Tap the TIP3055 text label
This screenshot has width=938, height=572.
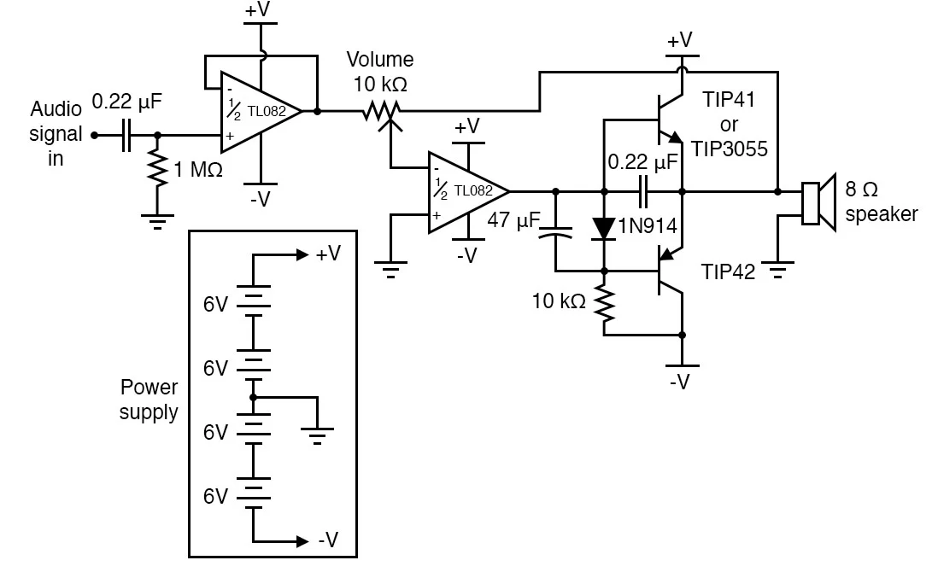[730, 149]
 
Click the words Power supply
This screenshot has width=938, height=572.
[149, 400]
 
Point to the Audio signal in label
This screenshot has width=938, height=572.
[56, 134]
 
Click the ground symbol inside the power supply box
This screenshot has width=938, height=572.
[318, 435]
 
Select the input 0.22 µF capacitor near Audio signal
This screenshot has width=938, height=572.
[126, 135]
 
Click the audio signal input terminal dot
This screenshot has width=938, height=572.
[94, 135]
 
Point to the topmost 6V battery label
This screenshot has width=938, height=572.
[216, 303]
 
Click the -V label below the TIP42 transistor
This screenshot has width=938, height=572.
[680, 381]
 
